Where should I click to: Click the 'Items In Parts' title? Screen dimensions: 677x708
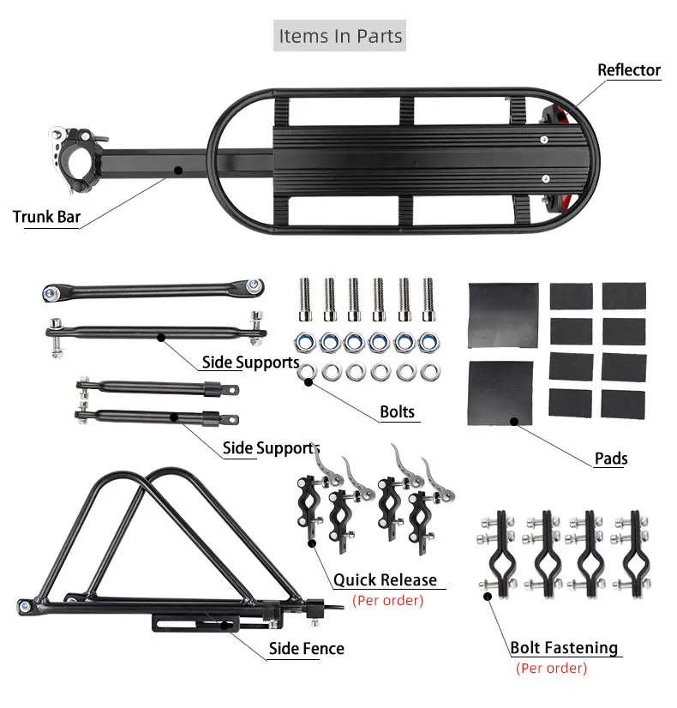(x=340, y=36)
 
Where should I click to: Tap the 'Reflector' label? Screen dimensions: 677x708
(x=629, y=70)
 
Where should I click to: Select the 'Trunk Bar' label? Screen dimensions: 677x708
(x=46, y=217)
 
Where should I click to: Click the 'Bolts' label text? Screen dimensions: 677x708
(x=397, y=411)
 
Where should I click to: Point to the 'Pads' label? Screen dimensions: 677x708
(x=611, y=459)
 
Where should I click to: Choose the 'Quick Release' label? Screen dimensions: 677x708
(x=385, y=579)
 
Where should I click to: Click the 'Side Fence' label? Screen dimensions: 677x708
(x=307, y=648)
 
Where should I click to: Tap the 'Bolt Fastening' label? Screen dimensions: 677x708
(x=564, y=647)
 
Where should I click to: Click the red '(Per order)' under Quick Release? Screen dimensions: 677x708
(x=387, y=601)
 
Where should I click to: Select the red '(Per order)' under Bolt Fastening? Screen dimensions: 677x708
(x=552, y=669)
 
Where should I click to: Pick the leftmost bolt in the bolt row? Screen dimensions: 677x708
(x=306, y=299)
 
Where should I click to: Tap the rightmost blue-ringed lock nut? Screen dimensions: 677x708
(x=428, y=343)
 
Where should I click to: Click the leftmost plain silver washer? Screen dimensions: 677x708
(x=307, y=372)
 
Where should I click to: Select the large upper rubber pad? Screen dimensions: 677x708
(x=503, y=315)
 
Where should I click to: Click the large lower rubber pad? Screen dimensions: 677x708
(x=500, y=393)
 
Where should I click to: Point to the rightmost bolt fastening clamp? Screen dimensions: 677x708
(x=632, y=554)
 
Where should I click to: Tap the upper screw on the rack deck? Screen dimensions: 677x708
(x=544, y=140)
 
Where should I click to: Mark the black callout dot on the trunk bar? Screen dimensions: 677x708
(x=178, y=171)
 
